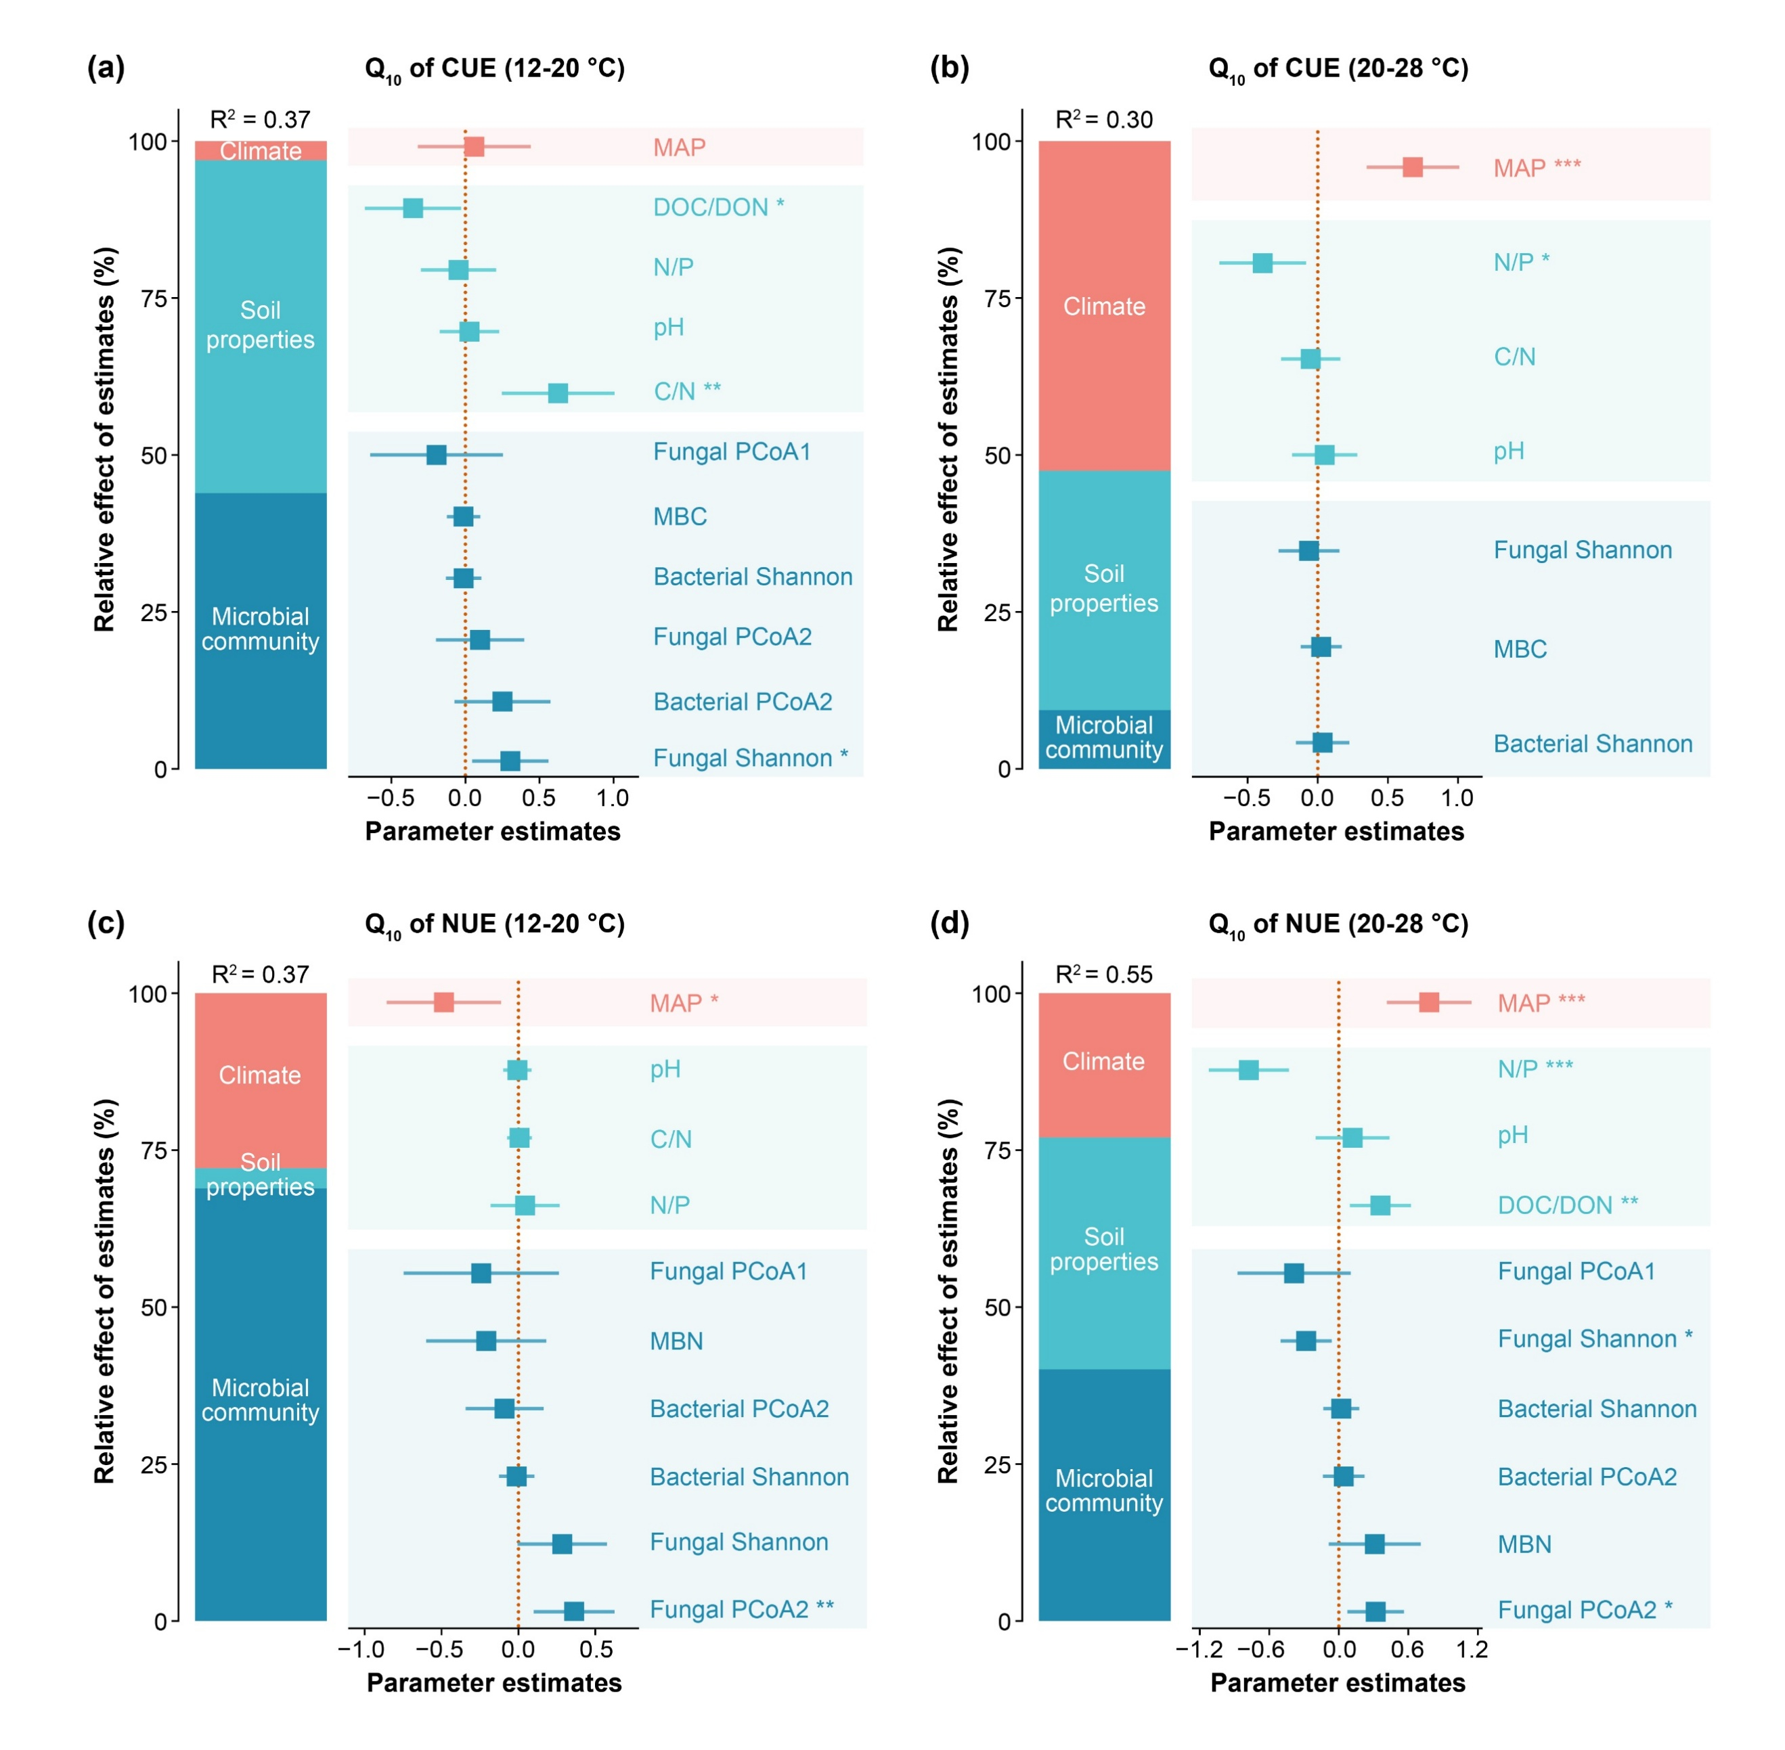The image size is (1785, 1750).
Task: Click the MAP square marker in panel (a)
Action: [473, 147]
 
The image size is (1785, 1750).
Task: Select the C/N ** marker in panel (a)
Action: [557, 393]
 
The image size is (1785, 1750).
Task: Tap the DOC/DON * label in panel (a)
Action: [718, 207]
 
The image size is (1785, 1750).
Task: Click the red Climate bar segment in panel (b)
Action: [1104, 306]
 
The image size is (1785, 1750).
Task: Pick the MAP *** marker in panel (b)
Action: [1412, 167]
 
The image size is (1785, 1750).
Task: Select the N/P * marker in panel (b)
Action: [1262, 263]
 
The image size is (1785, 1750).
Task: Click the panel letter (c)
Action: [106, 923]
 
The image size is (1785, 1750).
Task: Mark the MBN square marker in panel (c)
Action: [486, 1341]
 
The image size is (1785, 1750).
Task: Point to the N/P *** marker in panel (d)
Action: [1248, 1070]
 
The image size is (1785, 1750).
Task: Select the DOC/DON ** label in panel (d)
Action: [1567, 1205]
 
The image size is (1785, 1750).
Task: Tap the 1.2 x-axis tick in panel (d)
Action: [1472, 1650]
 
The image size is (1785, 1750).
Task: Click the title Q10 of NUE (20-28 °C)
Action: [1338, 924]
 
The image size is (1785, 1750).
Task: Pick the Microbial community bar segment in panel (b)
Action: [1104, 738]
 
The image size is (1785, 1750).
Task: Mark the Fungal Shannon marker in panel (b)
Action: [1308, 551]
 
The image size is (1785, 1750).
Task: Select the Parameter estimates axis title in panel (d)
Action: [1338, 1683]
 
